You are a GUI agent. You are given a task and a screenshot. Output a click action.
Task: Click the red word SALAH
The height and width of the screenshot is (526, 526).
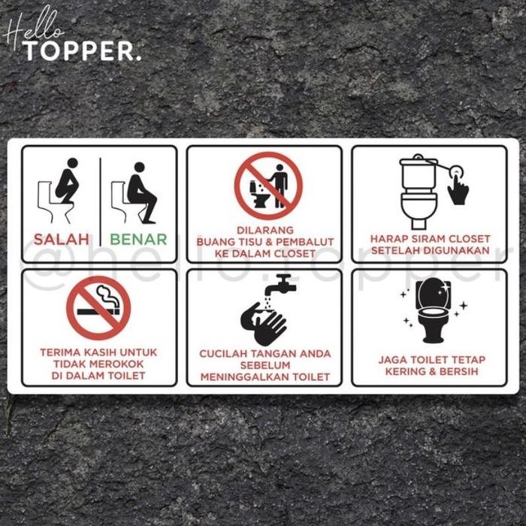tap(61, 240)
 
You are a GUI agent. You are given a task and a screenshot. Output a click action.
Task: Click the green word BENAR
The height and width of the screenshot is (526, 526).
tap(138, 240)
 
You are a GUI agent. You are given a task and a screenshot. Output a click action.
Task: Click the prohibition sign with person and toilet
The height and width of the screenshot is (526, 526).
tap(268, 186)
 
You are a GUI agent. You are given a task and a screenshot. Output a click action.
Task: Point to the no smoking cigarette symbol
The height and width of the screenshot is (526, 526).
tap(98, 307)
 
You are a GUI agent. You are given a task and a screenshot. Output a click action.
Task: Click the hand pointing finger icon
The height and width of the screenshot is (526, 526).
tap(458, 188)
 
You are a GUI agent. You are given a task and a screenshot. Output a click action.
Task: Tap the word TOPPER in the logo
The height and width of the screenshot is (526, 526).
tap(81, 50)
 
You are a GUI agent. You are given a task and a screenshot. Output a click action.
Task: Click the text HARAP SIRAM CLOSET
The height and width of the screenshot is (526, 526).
tap(430, 239)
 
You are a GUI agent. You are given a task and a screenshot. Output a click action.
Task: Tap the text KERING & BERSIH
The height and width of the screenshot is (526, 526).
tap(431, 372)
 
